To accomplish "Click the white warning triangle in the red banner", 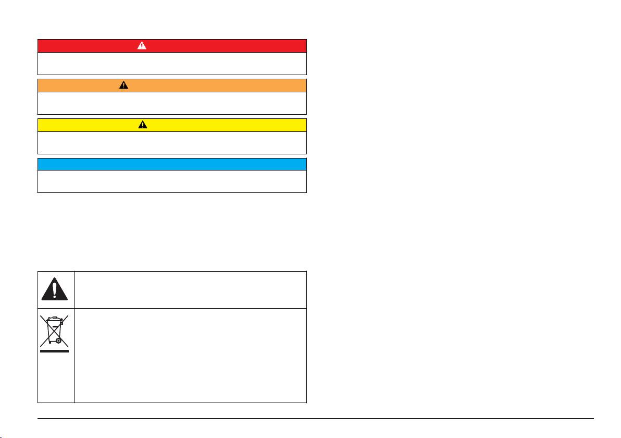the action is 142,45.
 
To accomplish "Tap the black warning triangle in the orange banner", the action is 123,85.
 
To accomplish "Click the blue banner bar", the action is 172,164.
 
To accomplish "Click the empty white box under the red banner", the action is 172,64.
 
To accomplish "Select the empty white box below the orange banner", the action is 172,103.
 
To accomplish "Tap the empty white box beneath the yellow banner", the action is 172,142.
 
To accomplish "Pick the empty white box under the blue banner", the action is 172,181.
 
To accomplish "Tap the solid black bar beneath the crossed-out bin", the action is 55,351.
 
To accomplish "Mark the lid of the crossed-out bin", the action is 54,319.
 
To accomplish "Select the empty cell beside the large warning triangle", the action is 190,289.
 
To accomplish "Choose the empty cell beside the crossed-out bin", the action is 190,356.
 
